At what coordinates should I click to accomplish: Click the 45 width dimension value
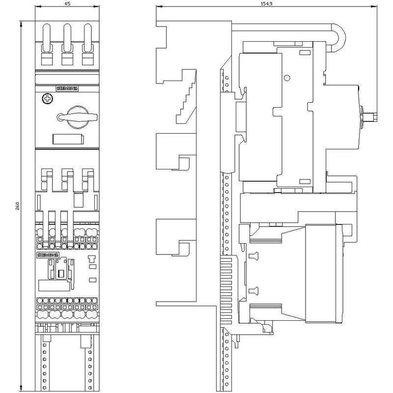pos(67,3)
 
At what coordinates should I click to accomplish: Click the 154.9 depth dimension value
pos(267,3)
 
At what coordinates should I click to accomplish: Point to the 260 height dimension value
pos(18,206)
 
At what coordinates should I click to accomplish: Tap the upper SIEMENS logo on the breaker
pos(67,88)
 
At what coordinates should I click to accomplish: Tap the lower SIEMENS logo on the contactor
pos(48,255)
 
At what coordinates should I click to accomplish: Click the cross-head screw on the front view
pos(47,99)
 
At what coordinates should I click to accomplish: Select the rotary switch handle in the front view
pos(77,117)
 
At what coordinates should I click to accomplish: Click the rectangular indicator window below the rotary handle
pos(68,140)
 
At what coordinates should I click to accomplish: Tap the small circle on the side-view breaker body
pos(287,78)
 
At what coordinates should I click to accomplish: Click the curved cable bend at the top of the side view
pos(338,38)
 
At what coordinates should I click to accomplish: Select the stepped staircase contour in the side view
pos(186,96)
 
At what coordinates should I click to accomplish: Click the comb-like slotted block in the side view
pos(226,291)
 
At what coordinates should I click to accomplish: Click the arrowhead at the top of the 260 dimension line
pos(21,24)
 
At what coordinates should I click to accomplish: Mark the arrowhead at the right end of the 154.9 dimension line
pos(375,6)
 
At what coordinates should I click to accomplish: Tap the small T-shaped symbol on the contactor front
pos(91,258)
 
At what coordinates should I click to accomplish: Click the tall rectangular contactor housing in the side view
pos(324,274)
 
